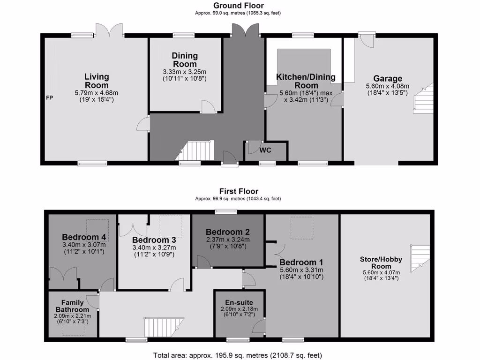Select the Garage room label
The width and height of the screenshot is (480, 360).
point(388,79)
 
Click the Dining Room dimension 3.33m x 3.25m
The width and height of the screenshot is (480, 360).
point(185,72)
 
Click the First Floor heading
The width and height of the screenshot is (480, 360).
point(239,191)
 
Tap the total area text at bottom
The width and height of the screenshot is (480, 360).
point(238,355)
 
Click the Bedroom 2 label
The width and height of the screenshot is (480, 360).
point(227,232)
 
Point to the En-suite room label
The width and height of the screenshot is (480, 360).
point(240,302)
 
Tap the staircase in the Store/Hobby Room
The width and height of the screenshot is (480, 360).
point(420,258)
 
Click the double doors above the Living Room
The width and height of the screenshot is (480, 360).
point(110,31)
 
